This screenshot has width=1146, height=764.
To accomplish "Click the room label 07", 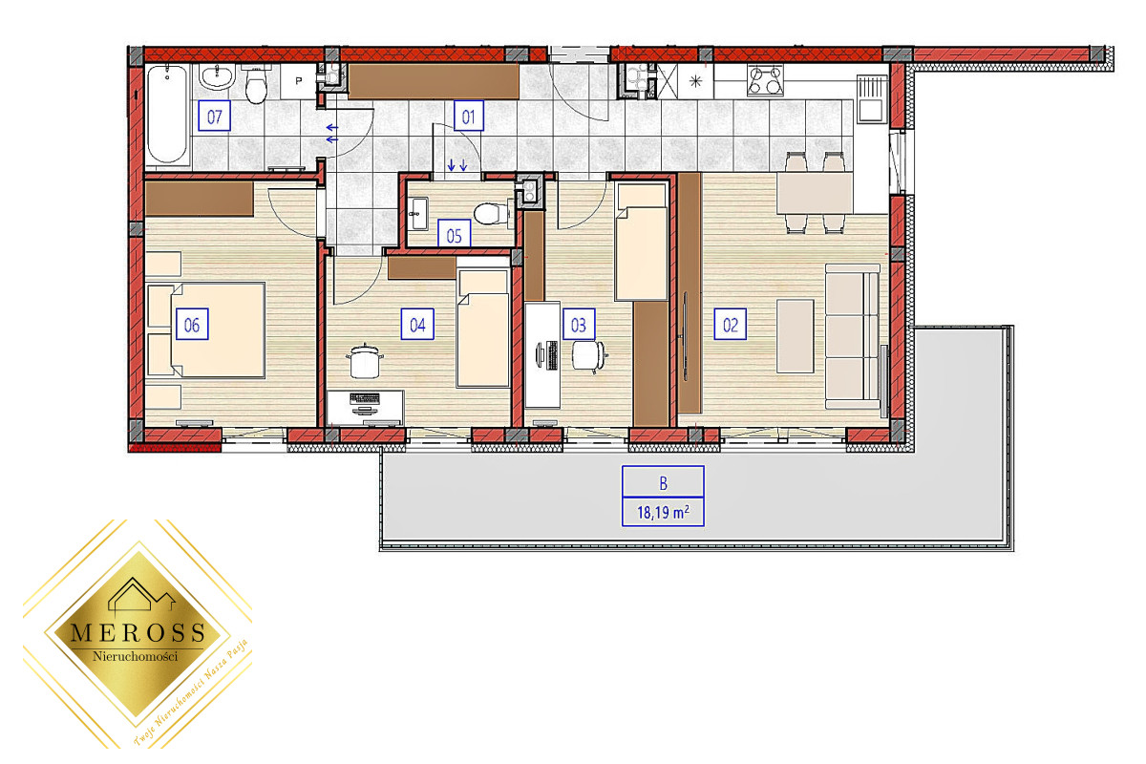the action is click(214, 117).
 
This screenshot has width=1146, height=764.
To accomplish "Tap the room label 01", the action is click(469, 117).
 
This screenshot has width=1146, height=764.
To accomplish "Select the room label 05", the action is click(454, 235).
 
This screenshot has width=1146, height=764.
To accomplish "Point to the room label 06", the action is click(192, 325).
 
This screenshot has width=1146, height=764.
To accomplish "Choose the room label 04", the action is click(417, 325).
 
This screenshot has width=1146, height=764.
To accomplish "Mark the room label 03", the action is click(579, 325).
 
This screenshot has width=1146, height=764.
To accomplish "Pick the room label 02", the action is click(730, 325).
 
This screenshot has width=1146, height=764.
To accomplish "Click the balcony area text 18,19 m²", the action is click(663, 512).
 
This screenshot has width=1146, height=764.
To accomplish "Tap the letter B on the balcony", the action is click(663, 482).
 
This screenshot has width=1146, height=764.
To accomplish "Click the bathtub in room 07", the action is click(167, 115).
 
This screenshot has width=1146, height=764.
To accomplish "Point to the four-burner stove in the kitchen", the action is click(765, 80).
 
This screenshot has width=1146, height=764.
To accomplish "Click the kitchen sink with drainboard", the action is click(871, 98).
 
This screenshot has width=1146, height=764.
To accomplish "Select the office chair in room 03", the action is click(589, 355).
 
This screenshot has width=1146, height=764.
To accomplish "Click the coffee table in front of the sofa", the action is click(795, 336).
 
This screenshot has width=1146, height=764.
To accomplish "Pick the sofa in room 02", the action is click(852, 336).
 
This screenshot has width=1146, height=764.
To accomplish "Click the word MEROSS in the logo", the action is click(138, 633).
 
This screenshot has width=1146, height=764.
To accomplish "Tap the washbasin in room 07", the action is click(218, 77).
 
